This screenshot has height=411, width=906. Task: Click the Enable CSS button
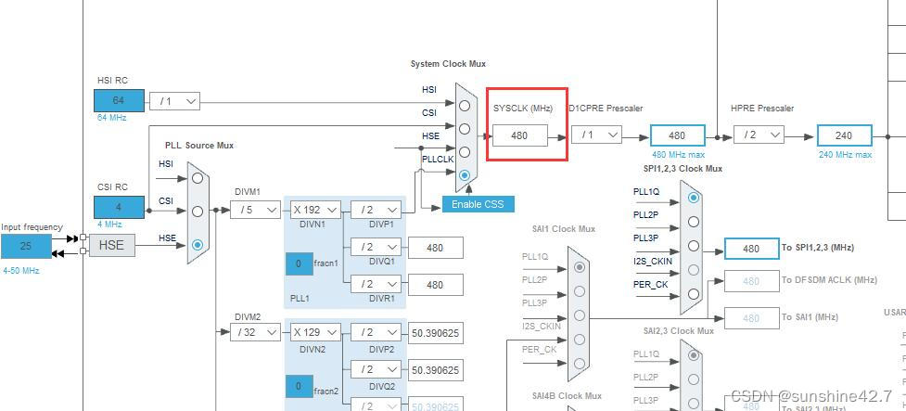(x=477, y=204)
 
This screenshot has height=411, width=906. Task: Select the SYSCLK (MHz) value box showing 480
(x=519, y=135)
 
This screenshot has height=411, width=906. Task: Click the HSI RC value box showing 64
(x=119, y=100)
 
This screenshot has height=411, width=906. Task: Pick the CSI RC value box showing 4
(x=119, y=207)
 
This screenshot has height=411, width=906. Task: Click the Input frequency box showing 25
(x=26, y=246)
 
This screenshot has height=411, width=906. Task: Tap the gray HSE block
(x=111, y=246)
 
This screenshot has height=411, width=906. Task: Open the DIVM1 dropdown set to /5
(x=255, y=210)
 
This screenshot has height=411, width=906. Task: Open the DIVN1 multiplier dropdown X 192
(x=314, y=210)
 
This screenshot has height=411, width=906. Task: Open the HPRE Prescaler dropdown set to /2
(x=759, y=135)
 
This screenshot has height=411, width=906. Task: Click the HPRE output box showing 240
(x=844, y=135)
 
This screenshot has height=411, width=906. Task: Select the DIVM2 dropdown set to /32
(x=255, y=331)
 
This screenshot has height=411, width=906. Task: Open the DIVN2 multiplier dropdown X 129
(x=314, y=331)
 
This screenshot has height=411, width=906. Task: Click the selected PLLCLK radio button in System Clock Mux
(x=465, y=175)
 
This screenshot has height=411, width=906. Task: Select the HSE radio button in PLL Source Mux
(x=198, y=246)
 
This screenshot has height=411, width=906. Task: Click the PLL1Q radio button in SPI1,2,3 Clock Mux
(x=693, y=198)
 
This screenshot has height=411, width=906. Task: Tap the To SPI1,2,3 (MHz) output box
(x=751, y=248)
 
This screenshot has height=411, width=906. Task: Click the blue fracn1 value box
(x=299, y=263)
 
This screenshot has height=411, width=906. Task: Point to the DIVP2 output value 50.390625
(x=435, y=332)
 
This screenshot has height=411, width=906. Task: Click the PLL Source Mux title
(x=199, y=145)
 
